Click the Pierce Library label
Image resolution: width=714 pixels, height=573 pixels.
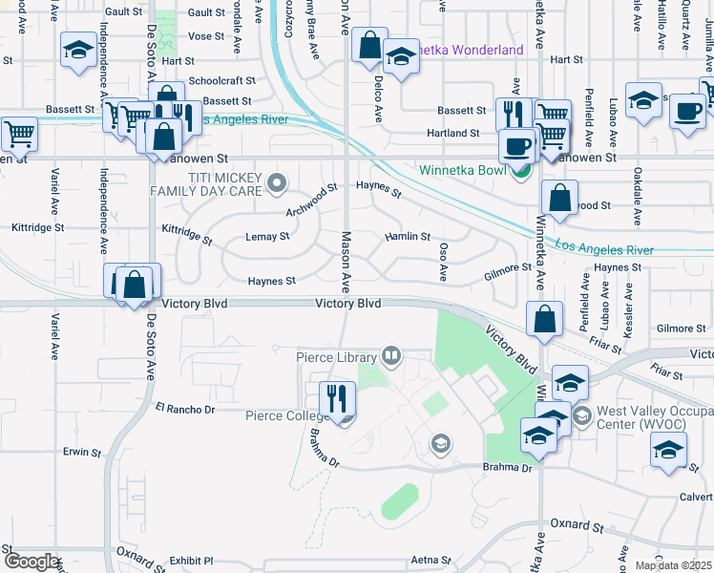coord(337,357)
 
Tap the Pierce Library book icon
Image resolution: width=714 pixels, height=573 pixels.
coord(390,357)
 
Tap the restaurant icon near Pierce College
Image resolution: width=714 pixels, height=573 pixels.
coord(336,398)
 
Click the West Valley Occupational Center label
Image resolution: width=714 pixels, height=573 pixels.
coord(654,420)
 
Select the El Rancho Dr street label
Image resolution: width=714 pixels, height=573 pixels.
coord(186,409)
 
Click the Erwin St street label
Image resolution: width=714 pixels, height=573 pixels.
coord(82,452)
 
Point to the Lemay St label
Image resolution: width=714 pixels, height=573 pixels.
coord(267,236)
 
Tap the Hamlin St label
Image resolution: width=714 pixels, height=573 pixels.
coord(408,236)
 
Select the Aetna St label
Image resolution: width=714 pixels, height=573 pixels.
coord(430,560)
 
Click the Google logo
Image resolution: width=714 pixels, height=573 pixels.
coord(31,562)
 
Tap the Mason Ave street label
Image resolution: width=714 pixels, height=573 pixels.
coord(347,262)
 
